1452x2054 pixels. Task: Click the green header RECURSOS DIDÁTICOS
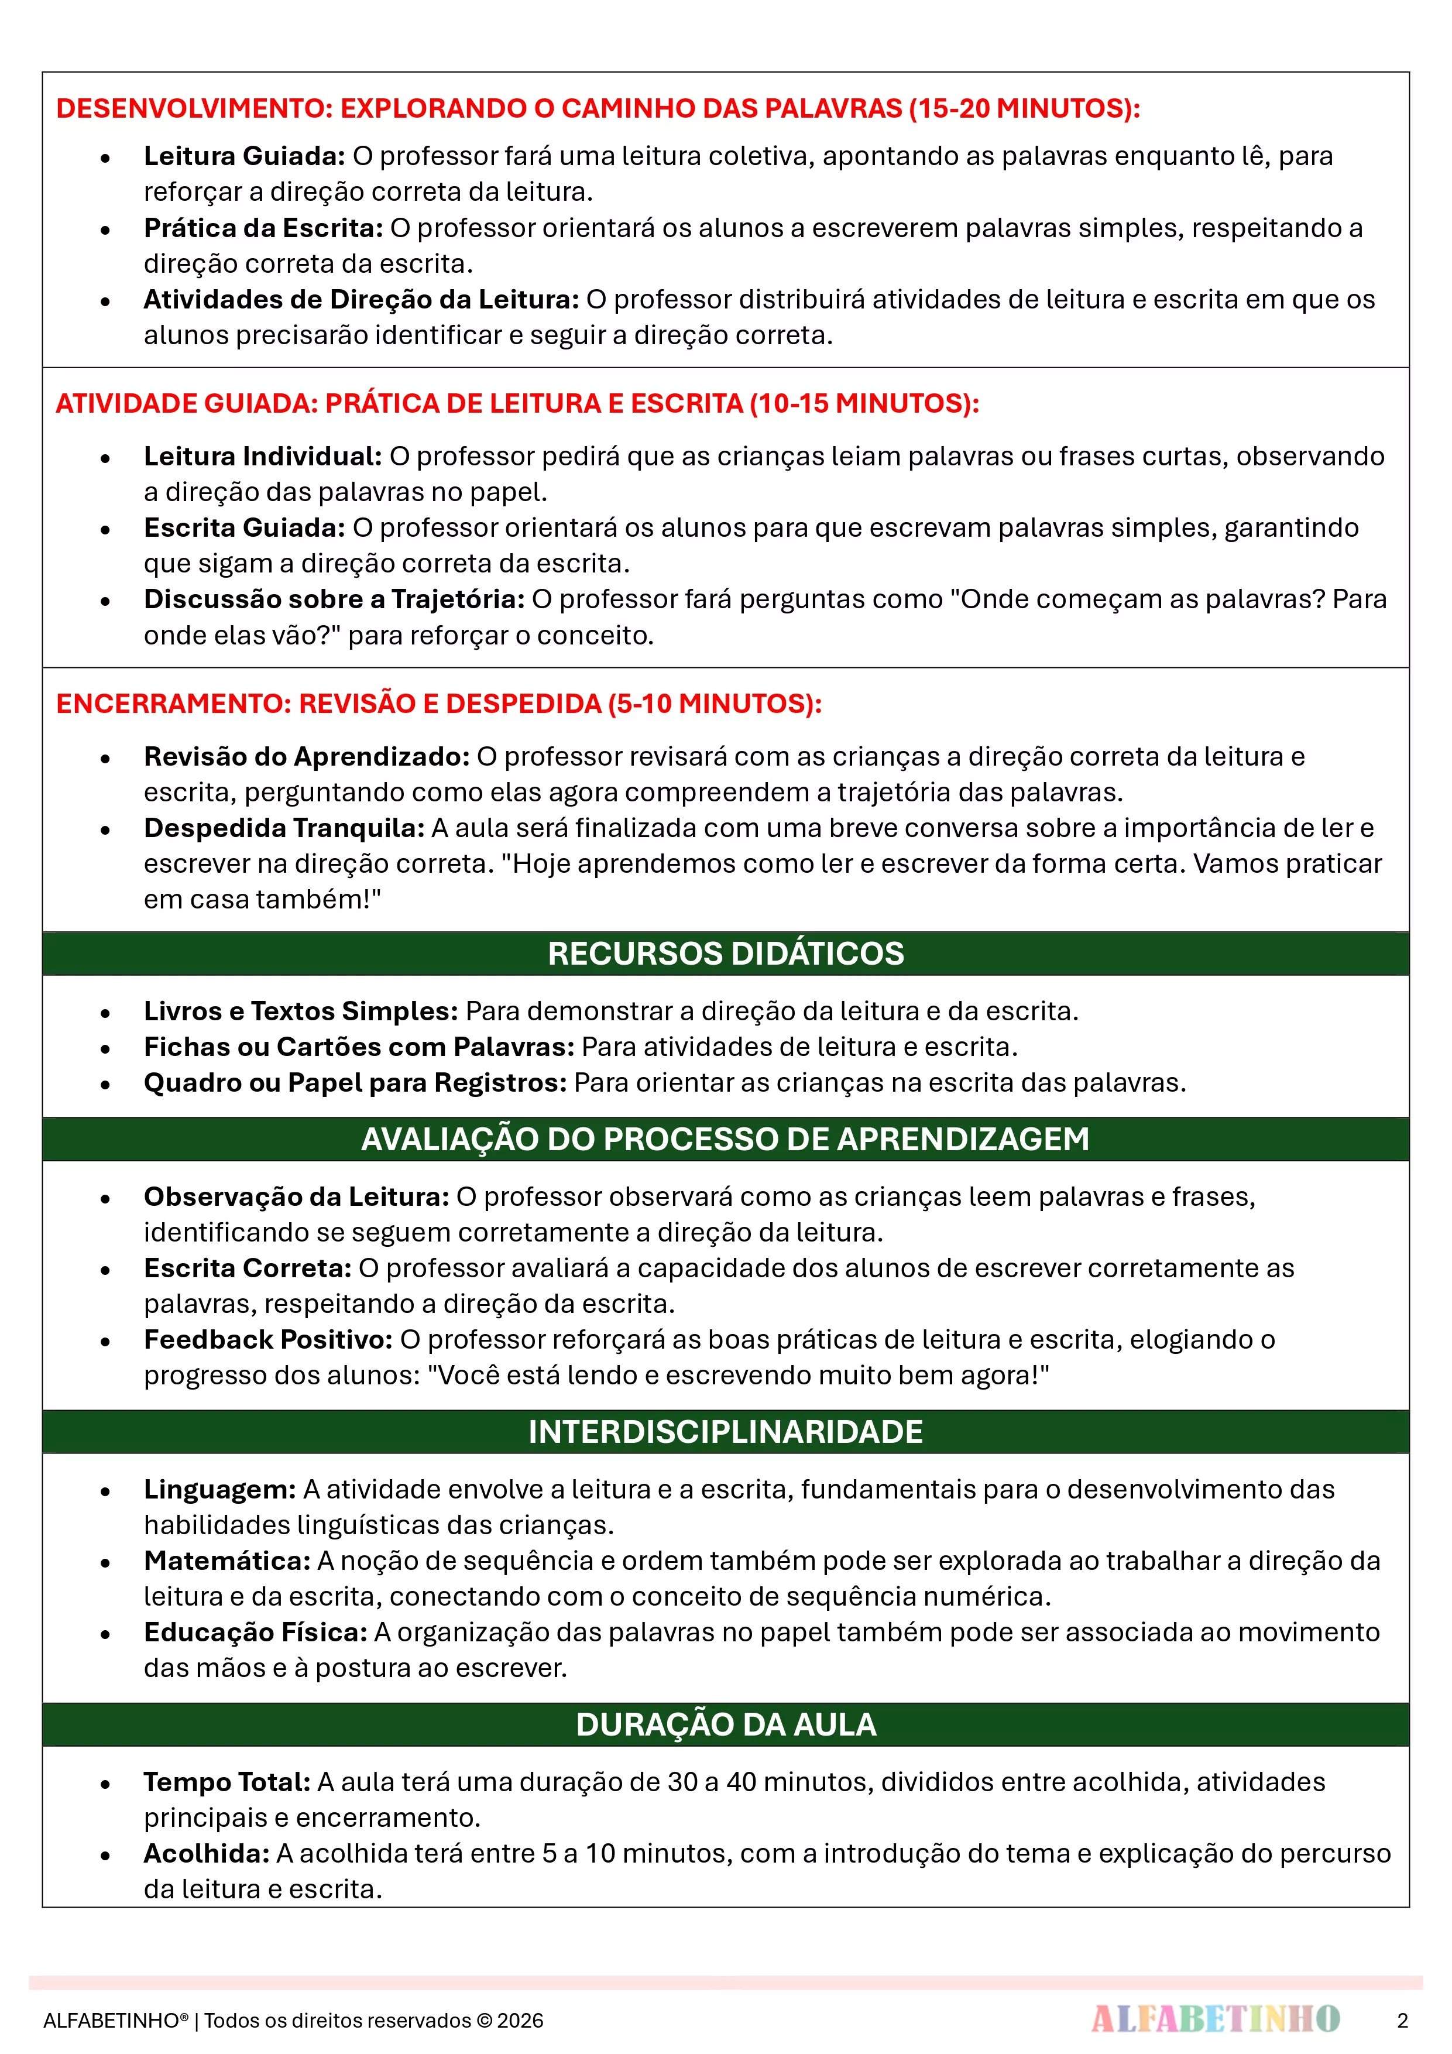click(726, 954)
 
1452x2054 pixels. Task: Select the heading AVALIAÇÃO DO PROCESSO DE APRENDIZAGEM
click(726, 1139)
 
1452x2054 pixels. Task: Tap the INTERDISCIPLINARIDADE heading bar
click(726, 1431)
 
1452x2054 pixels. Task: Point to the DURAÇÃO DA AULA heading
click(726, 1724)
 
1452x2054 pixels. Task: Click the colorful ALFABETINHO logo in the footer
click(1215, 2019)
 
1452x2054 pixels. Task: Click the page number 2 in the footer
click(1402, 2020)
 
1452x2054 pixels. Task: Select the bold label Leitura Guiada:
click(244, 156)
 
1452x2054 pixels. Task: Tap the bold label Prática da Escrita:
click(263, 228)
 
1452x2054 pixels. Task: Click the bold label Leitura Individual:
click(263, 456)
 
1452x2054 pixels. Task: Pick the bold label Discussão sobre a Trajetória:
click(334, 599)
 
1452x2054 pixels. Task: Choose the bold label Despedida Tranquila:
click(284, 828)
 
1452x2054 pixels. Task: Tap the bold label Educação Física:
click(255, 1633)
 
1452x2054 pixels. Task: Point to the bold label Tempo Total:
click(227, 1782)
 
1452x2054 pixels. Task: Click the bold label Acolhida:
click(207, 1854)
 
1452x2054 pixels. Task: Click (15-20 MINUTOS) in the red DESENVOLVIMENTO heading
click(1024, 108)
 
